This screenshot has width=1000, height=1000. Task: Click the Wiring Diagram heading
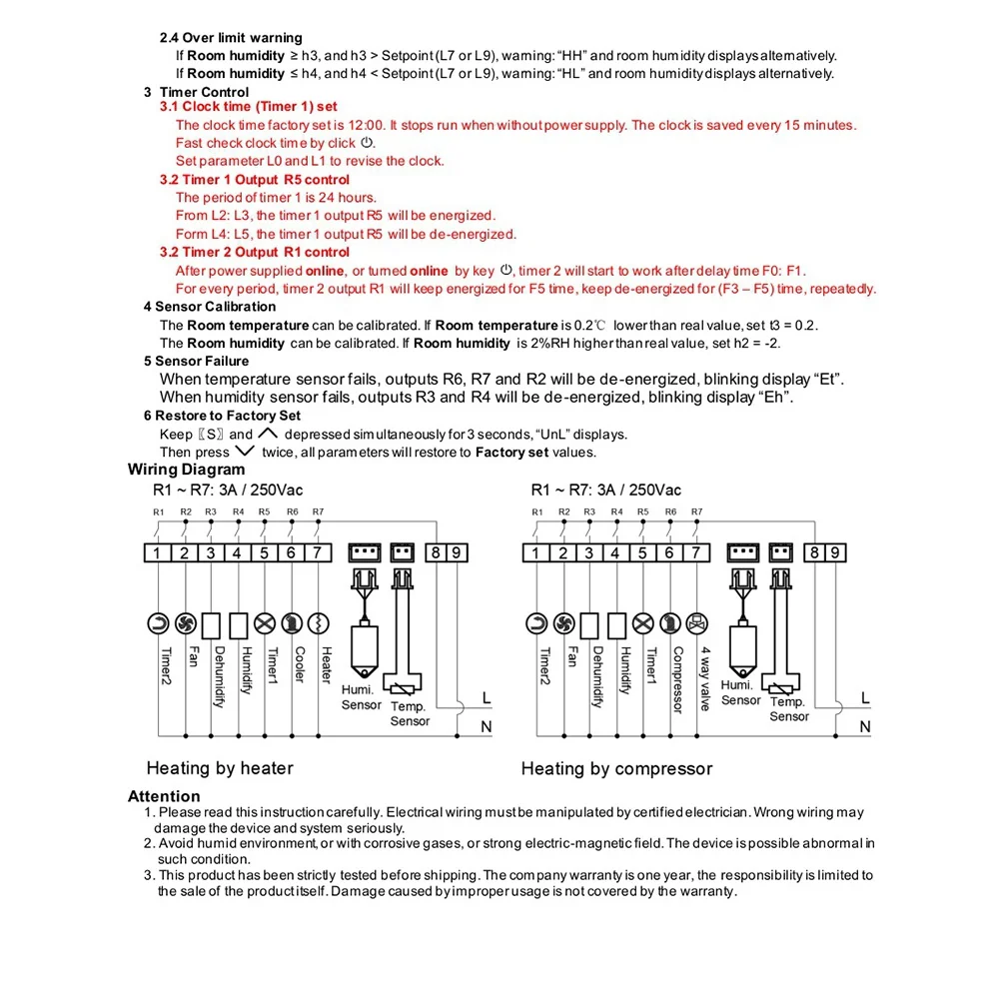pos(186,470)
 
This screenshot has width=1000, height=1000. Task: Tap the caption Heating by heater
pos(220,768)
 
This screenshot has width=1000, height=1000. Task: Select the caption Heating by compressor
pos(616,769)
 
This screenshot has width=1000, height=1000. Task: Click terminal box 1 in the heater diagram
pos(159,553)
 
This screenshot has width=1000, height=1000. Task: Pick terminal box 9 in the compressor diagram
pos(837,553)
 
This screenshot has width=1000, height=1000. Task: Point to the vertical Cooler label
pos(299,665)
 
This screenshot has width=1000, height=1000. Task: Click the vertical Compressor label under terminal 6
pos(677,680)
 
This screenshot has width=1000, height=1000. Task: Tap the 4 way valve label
pos(704,678)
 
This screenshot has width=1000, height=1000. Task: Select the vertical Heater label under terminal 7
pos(325,665)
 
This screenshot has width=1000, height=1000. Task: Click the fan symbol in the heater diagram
pos(185,624)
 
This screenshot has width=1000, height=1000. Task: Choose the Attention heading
pos(164,797)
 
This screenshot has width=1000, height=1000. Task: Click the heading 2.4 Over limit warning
pos(231,38)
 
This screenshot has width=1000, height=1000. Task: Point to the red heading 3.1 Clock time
pos(249,107)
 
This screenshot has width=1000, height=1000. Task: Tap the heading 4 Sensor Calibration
pos(210,307)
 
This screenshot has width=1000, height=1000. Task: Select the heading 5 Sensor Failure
pos(196,361)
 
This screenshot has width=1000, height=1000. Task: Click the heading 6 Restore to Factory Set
pos(222,416)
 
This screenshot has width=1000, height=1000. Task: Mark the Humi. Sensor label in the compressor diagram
pos(740,693)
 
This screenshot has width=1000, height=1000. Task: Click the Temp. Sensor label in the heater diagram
pos(410,713)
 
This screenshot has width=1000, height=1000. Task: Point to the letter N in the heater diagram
pos(487,727)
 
